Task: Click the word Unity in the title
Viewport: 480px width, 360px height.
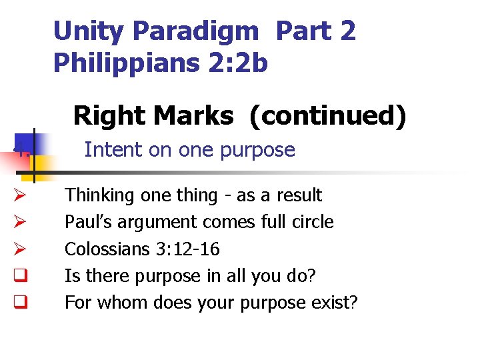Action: point(89,31)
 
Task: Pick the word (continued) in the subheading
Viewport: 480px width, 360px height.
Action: point(327,115)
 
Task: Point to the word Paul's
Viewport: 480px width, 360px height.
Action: point(86,222)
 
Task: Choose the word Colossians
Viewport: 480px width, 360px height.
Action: point(103,249)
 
